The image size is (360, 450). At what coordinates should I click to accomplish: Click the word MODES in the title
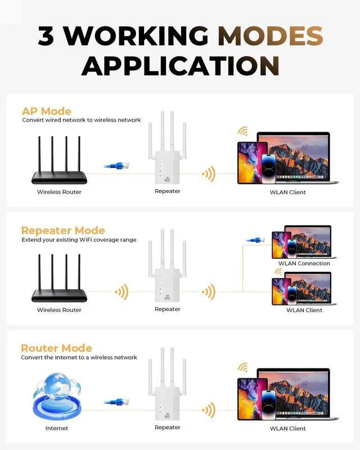tap(271, 36)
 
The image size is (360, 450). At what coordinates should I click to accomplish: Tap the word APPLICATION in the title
tap(180, 65)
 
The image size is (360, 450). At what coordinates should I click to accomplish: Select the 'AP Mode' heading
tap(47, 111)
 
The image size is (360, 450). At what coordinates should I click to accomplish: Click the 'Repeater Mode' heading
tap(63, 230)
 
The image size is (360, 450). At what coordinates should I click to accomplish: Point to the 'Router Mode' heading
tap(56, 348)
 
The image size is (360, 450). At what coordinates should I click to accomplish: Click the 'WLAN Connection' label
tap(304, 263)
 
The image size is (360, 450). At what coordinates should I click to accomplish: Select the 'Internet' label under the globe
tap(56, 428)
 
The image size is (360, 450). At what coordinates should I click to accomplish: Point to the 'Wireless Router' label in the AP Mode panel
tap(59, 192)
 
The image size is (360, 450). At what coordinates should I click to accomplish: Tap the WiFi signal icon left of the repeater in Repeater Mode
tap(121, 292)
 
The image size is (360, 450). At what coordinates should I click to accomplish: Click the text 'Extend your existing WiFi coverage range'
tap(79, 240)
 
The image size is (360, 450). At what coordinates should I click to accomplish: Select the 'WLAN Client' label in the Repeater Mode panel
tap(304, 310)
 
